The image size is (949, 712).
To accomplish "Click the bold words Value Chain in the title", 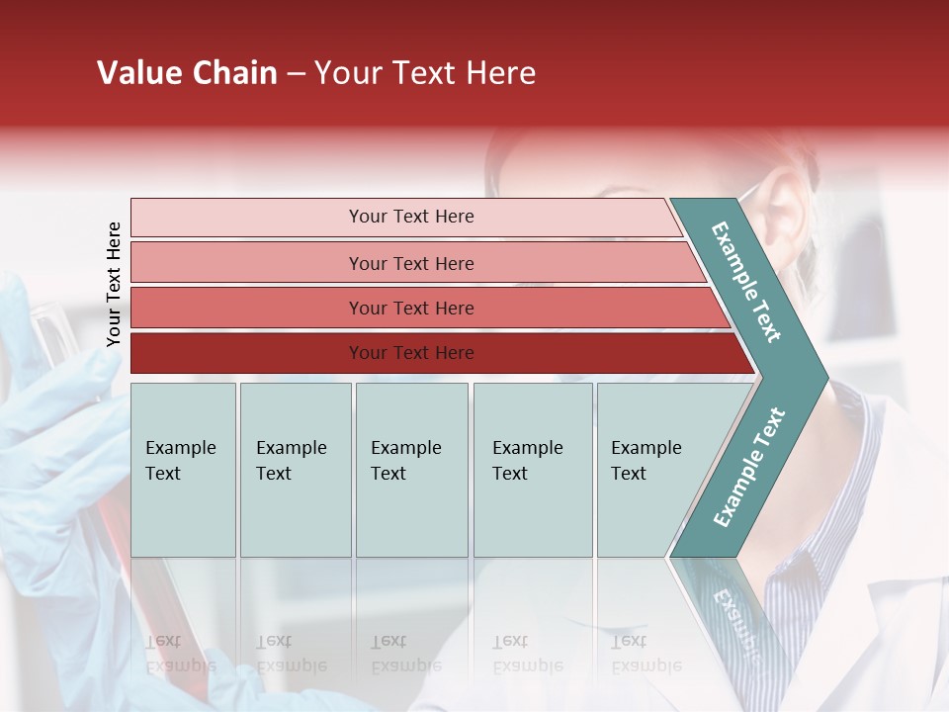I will point(187,73).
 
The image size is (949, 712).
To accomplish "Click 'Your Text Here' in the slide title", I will point(425,73).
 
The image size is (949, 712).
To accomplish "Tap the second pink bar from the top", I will point(411,263).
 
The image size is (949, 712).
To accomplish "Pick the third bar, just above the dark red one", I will point(411,308).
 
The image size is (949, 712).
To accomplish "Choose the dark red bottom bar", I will point(411,353).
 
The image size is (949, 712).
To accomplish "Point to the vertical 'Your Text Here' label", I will point(114,284).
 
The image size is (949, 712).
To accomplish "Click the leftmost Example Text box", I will point(183,469).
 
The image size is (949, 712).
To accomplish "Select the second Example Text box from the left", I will point(295,469).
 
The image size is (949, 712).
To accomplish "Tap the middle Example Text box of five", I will point(411,469).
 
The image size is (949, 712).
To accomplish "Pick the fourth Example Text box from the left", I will point(532,469).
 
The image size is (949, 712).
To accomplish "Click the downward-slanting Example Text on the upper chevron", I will point(746,281).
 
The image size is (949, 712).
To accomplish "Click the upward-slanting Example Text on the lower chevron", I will point(749,467).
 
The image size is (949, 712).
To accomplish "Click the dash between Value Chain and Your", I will point(296,74).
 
